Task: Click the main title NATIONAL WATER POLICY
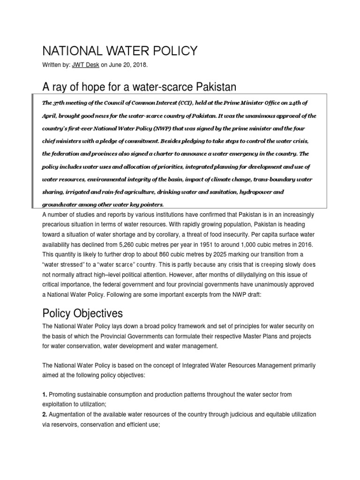point(120,51)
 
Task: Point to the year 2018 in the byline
point(138,66)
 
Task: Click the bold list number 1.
point(45,395)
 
